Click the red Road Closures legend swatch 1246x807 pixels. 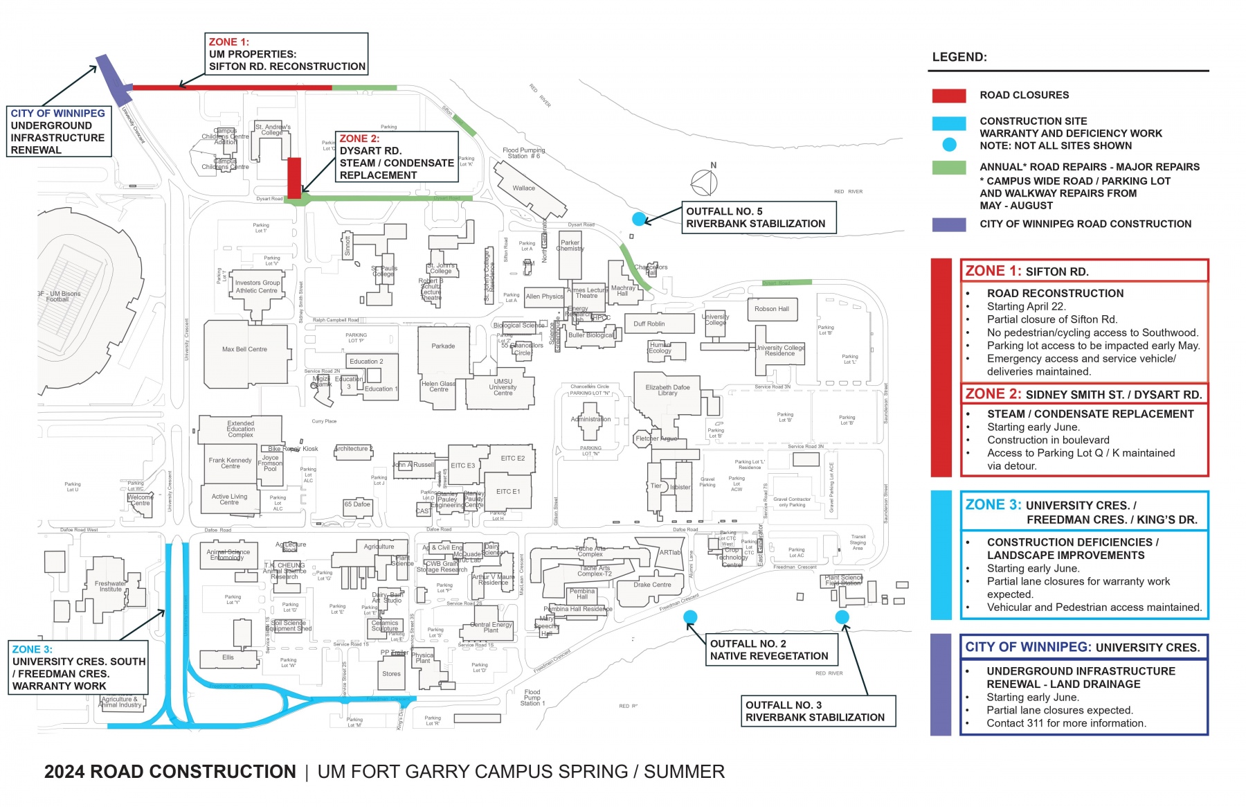pyautogui.click(x=948, y=96)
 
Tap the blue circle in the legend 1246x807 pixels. pyautogui.click(x=949, y=145)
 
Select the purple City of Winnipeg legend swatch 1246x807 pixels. pyautogui.click(x=948, y=224)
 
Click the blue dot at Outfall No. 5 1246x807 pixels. pyautogui.click(x=638, y=219)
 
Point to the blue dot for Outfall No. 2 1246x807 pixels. pyautogui.click(x=690, y=617)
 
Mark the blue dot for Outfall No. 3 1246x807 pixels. pyautogui.click(x=842, y=617)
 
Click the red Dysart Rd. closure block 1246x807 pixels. pyautogui.click(x=294, y=177)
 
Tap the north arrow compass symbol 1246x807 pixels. pyautogui.click(x=705, y=182)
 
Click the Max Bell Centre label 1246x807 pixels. pyautogui.click(x=244, y=349)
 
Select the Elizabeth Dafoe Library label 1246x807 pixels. pyautogui.click(x=667, y=390)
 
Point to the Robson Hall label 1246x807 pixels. pyautogui.click(x=772, y=309)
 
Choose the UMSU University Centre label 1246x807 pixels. pyautogui.click(x=503, y=387)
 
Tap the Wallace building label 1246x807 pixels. pyautogui.click(x=523, y=188)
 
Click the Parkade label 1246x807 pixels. pyautogui.click(x=443, y=346)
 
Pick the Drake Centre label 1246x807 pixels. pyautogui.click(x=652, y=585)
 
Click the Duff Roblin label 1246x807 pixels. pyautogui.click(x=649, y=323)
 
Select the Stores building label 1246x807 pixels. pyautogui.click(x=391, y=673)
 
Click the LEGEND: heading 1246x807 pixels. pyautogui.click(x=959, y=57)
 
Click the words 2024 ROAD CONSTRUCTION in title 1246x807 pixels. pyautogui.click(x=170, y=772)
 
